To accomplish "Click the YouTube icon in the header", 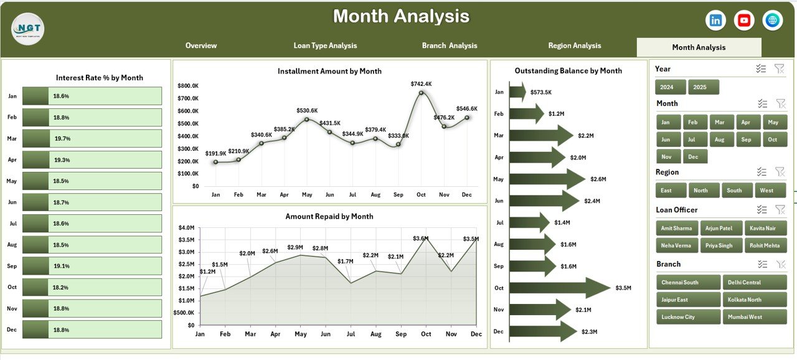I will (x=744, y=21).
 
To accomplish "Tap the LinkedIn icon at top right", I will (x=716, y=21).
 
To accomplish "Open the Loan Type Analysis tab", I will (x=325, y=45).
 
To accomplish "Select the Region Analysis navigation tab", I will (x=574, y=45).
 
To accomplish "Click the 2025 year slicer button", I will (x=704, y=87).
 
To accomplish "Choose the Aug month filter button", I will (x=720, y=139).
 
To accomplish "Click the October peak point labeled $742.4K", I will (x=422, y=93).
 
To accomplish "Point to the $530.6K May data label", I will (x=306, y=110).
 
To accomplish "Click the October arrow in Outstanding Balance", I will (x=560, y=288).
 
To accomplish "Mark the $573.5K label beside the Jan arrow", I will (x=540, y=92).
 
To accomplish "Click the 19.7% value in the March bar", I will (x=63, y=139).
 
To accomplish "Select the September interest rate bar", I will (x=92, y=266).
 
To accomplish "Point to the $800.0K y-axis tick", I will (x=188, y=85).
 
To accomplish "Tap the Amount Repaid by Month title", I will (x=329, y=217).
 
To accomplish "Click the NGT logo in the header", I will (x=28, y=28).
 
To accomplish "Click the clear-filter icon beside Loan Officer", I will (x=779, y=210).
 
